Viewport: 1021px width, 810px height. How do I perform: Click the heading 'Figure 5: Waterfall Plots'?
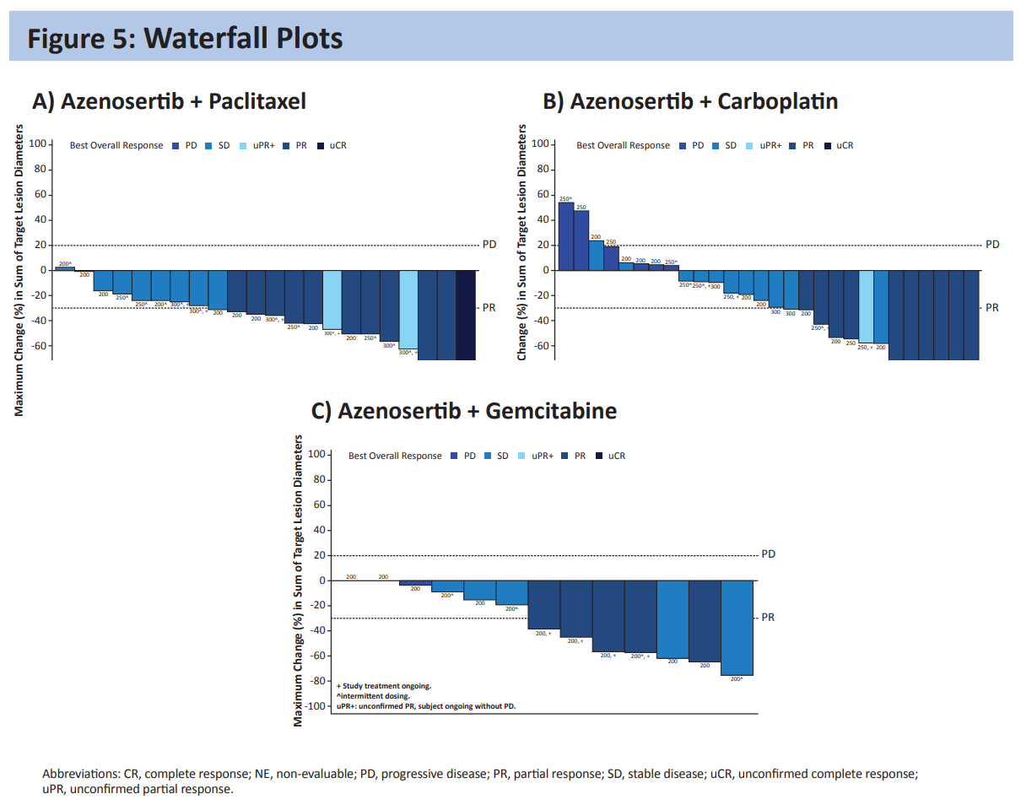point(185,38)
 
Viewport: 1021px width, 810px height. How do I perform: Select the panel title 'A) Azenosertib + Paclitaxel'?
point(169,102)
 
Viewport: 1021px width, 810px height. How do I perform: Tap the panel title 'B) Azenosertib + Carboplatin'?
point(690,102)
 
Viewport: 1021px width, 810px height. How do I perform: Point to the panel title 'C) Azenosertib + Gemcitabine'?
point(464,411)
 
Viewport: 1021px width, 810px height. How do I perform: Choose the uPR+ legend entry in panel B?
point(766,145)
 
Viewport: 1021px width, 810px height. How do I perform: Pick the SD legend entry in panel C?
point(497,456)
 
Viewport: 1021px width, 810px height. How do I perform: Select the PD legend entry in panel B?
point(692,145)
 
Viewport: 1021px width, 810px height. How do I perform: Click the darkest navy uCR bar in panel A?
point(466,315)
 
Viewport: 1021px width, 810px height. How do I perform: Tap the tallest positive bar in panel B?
point(566,236)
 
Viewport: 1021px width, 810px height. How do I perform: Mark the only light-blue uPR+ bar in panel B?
point(866,306)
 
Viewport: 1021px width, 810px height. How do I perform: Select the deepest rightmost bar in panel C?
point(737,628)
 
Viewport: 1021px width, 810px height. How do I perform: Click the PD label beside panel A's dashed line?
point(489,245)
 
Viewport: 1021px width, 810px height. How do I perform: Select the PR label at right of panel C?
point(767,618)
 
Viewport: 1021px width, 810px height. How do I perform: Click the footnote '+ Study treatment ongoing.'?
point(384,686)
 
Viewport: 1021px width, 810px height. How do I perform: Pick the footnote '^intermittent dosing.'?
point(374,696)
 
